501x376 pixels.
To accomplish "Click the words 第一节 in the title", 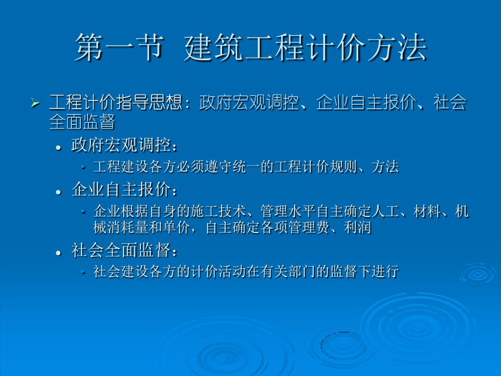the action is [x=120, y=47].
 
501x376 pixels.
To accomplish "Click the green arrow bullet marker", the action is [x=35, y=103].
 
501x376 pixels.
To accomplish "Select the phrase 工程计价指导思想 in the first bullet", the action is [x=115, y=102].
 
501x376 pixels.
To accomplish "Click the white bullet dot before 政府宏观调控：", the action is [x=58, y=148].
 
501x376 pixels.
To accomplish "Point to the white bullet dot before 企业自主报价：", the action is [x=58, y=192].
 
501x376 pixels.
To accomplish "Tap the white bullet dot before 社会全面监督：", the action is [x=58, y=253].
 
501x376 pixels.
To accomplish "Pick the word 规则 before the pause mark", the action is [x=344, y=167].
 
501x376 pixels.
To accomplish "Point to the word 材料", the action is [x=428, y=211].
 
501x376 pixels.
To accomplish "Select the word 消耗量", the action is [x=128, y=228].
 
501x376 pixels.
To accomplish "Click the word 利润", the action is [x=358, y=228].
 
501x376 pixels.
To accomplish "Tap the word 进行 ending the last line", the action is [x=386, y=271].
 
